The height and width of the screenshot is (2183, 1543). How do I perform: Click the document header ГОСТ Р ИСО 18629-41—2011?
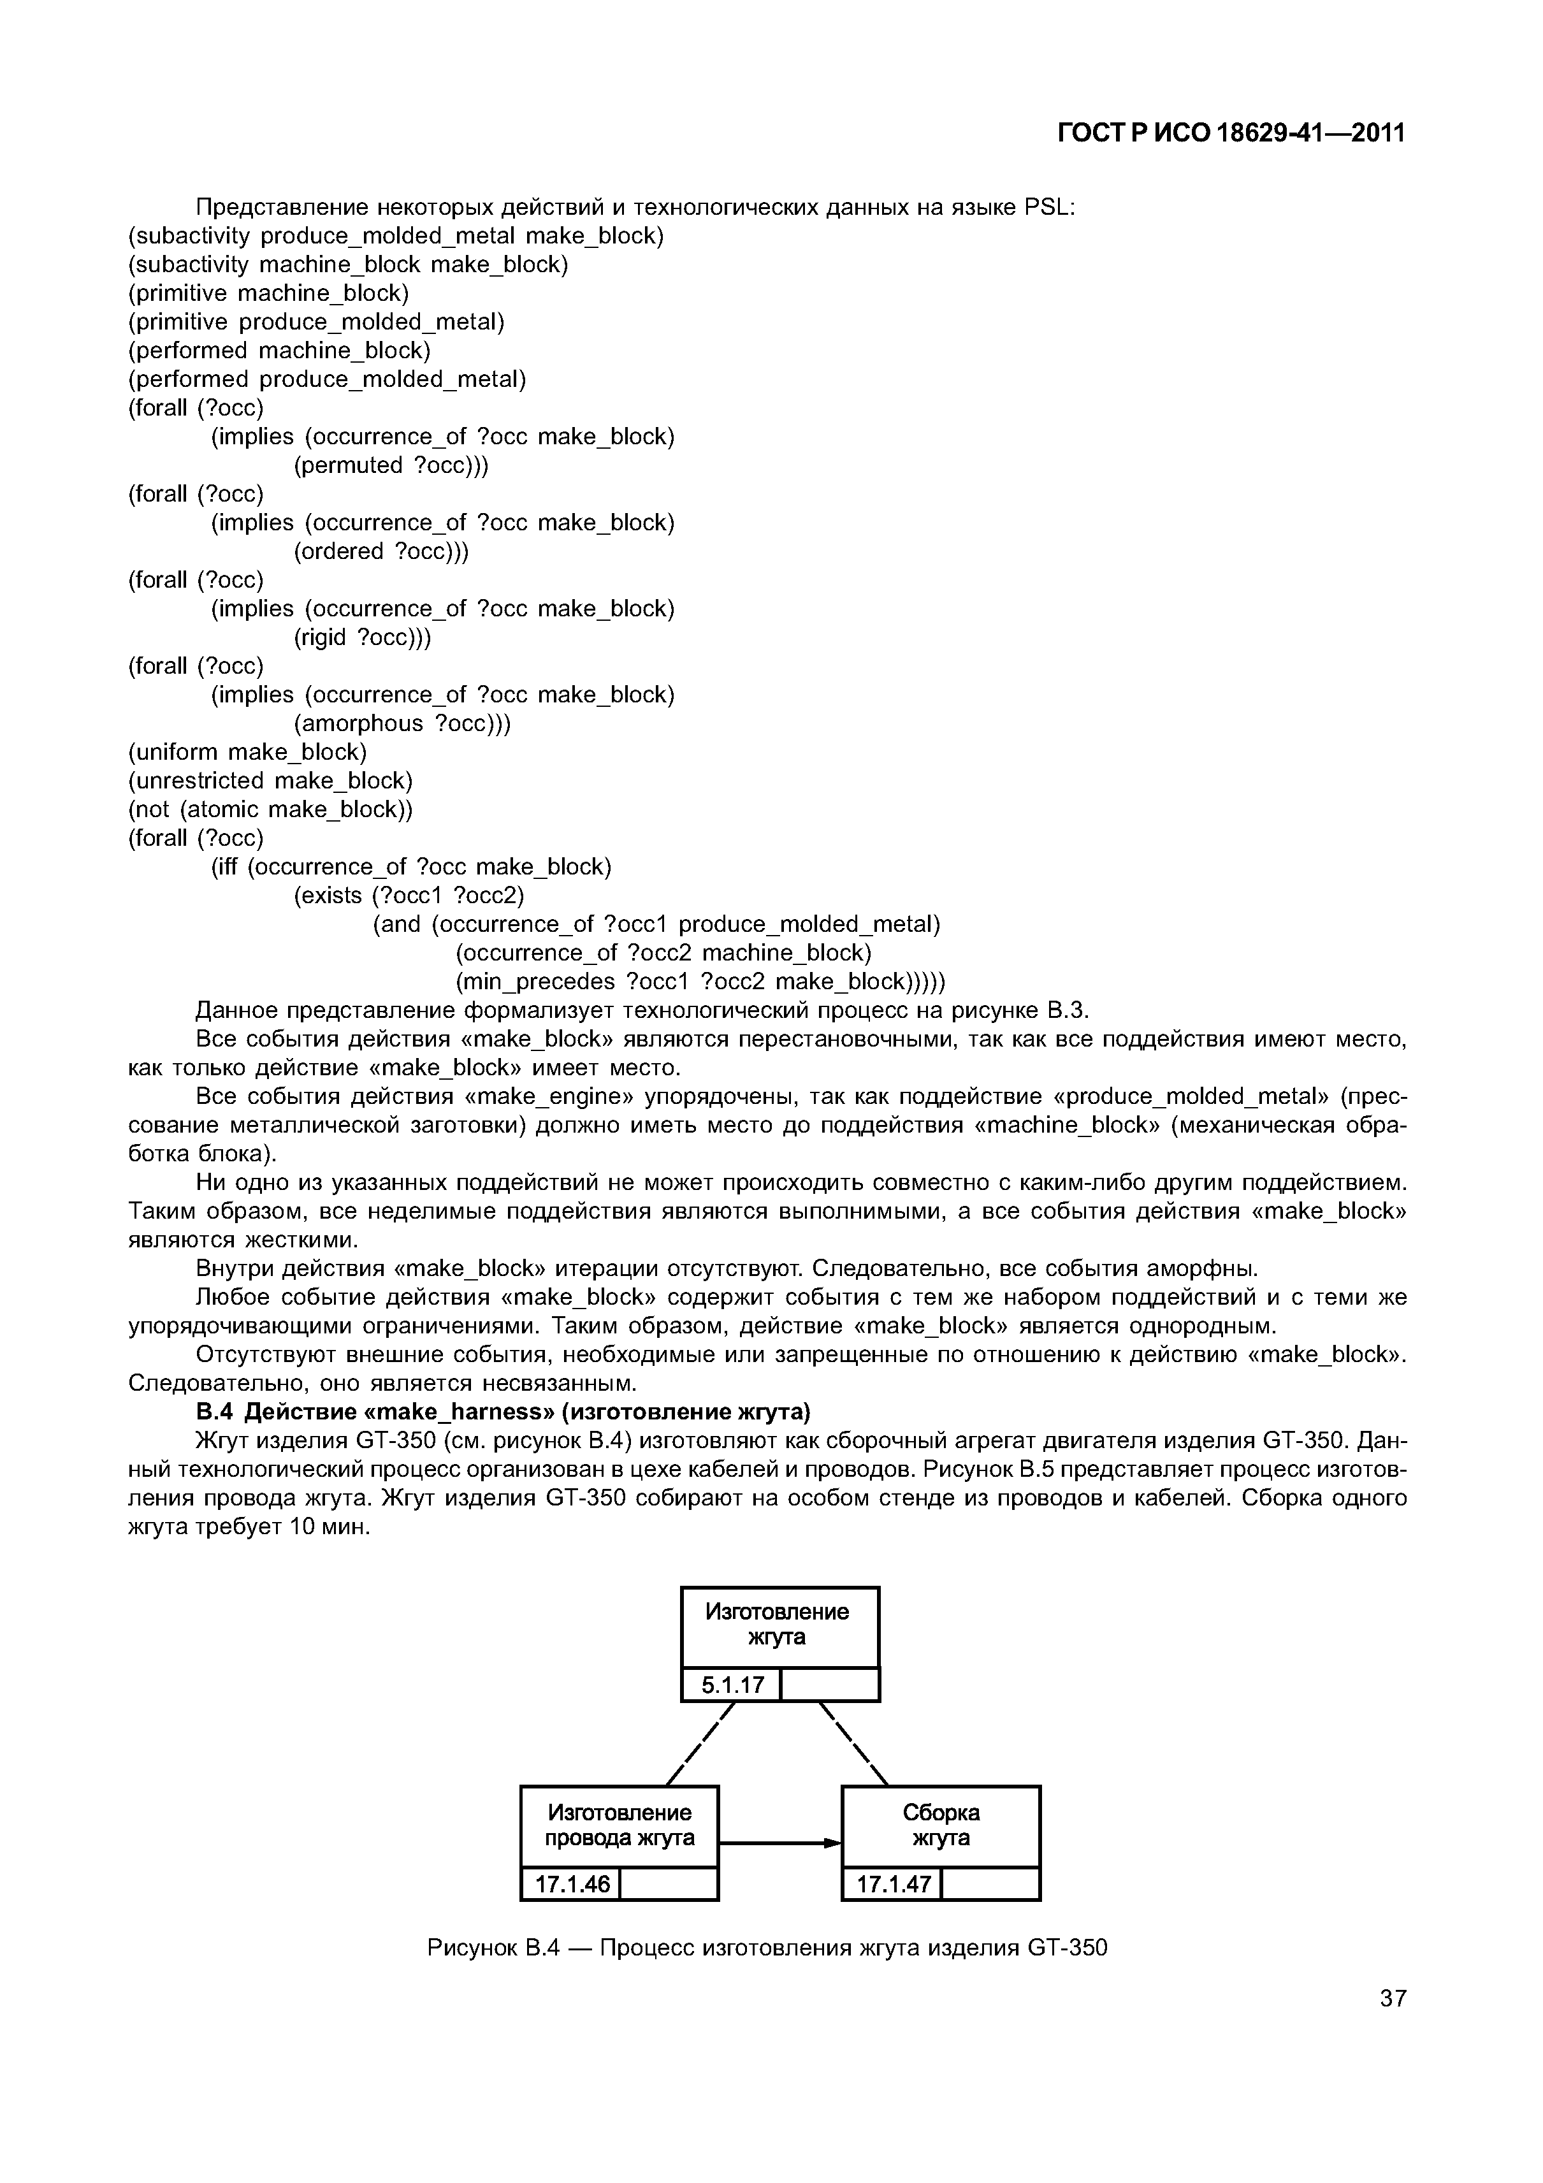(x=1231, y=134)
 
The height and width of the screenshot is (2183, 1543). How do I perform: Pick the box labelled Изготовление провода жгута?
(x=619, y=1825)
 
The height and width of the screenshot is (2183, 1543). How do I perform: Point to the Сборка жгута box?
(x=940, y=1825)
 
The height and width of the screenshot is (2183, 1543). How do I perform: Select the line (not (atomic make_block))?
(x=270, y=809)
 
